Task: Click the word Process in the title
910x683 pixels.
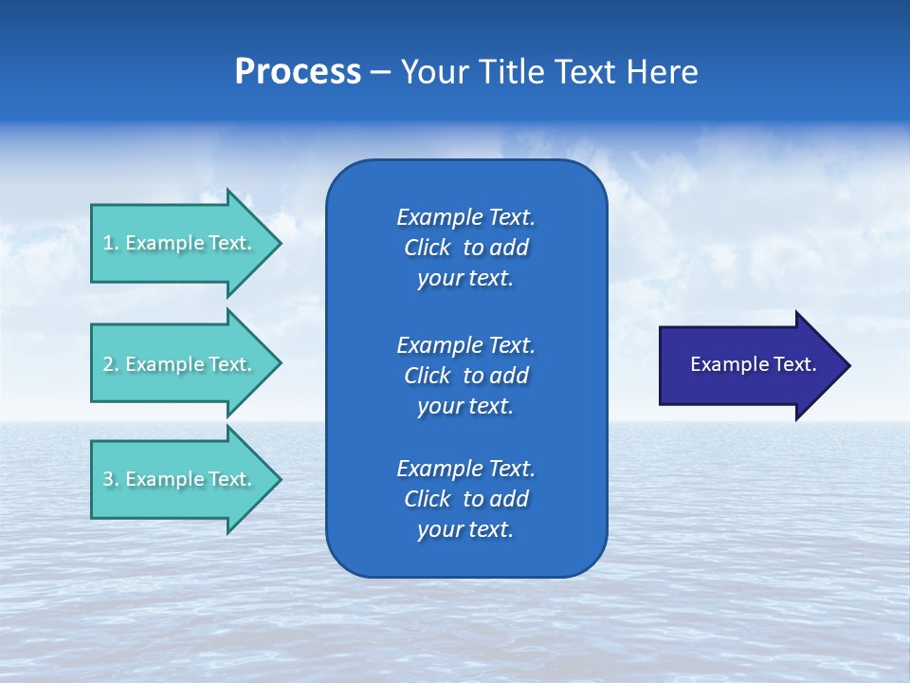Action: click(298, 72)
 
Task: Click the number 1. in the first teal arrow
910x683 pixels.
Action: click(111, 243)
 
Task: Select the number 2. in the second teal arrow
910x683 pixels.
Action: click(111, 364)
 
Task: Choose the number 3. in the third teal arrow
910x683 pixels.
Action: click(111, 479)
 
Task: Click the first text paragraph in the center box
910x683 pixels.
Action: click(465, 248)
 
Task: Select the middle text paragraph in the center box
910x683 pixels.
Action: click(465, 376)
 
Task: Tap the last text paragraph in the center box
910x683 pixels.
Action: click(465, 499)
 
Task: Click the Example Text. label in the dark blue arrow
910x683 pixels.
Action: click(753, 364)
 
